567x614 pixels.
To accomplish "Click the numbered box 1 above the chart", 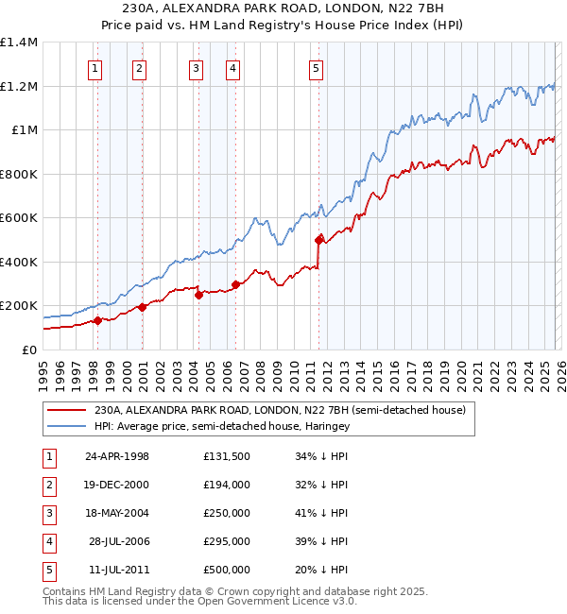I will [96, 68].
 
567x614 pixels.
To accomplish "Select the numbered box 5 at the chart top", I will [316, 68].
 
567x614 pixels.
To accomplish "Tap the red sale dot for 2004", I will [198, 295].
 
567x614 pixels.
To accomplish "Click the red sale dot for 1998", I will [97, 321].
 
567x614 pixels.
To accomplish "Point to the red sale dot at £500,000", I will [318, 240].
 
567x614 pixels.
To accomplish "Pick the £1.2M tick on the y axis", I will [19, 86].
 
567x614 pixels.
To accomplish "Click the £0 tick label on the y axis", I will [27, 350].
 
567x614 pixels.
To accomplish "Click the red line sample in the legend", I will [66, 411].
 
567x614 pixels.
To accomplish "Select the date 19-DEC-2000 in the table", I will [117, 485].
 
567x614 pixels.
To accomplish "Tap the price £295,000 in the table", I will [227, 541].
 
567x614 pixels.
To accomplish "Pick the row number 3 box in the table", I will [49, 513].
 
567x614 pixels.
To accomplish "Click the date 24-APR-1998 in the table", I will [117, 456].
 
